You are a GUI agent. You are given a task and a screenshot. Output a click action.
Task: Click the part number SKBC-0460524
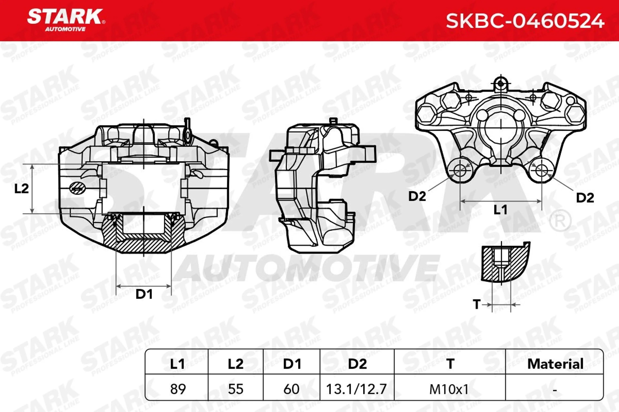point(525,21)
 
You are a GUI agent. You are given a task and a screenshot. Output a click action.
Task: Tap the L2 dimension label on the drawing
point(22,189)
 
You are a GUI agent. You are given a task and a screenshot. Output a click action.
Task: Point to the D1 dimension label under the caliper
point(144,294)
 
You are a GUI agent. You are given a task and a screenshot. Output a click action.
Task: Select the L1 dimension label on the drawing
point(500,210)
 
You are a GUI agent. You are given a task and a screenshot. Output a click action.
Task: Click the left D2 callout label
point(417,196)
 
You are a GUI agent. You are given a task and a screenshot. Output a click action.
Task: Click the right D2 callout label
point(585,198)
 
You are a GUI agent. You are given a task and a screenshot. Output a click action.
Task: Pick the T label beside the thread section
point(477,304)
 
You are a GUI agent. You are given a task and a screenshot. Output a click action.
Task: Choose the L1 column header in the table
point(177,364)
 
